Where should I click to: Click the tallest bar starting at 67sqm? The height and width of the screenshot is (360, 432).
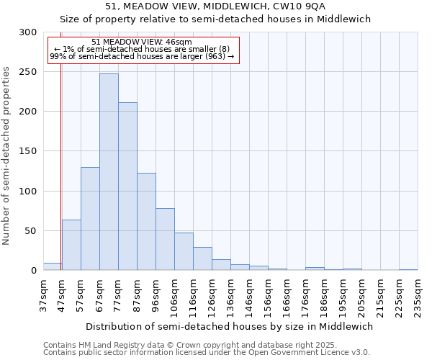pos(109,172)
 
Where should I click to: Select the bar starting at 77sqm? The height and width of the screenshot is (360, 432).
pos(127,186)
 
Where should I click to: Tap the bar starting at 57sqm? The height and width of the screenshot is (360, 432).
pos(90,219)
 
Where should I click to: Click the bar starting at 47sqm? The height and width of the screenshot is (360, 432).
pos(71,245)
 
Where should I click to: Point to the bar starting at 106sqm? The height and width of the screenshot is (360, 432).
pos(184,251)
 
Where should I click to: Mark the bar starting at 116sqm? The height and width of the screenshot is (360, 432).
pos(202,258)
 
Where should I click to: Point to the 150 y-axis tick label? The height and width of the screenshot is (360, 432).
pos(28,151)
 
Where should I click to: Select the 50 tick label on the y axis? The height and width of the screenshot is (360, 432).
pos(31,231)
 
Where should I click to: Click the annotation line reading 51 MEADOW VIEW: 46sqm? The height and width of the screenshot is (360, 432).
pos(142,42)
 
